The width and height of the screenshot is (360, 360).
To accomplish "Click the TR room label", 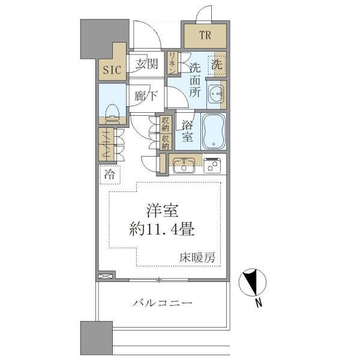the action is coord(205,35).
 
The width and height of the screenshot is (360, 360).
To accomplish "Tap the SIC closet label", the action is coord(112,70).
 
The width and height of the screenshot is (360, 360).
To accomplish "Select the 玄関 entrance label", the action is coord(146,64).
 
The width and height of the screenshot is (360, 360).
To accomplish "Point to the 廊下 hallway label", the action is coord(146,96).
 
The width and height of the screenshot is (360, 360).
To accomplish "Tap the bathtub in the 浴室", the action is coord(214,131).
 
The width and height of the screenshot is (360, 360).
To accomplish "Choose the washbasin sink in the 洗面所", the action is coord(215,94).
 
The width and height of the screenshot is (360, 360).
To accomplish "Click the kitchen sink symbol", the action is coord(184,166).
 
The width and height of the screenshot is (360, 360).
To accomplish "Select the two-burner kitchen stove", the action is coord(212,166).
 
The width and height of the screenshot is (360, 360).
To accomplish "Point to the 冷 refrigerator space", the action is coord(110,175).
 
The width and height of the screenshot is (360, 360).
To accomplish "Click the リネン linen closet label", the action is coord(172,62).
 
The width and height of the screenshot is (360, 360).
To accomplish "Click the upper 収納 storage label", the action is coord(166,124).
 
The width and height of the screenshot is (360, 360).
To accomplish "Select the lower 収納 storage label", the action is coord(166,142).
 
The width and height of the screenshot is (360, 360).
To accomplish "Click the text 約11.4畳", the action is coord(162,229).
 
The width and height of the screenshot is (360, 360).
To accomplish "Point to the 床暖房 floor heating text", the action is coord(197,257).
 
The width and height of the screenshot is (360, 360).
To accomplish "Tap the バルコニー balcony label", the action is coord(163,303).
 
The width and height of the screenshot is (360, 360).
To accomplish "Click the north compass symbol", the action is coord(253,283).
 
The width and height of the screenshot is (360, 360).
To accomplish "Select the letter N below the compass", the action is coord(259,303).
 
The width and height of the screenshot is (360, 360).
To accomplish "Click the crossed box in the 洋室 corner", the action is coord(106,276).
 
